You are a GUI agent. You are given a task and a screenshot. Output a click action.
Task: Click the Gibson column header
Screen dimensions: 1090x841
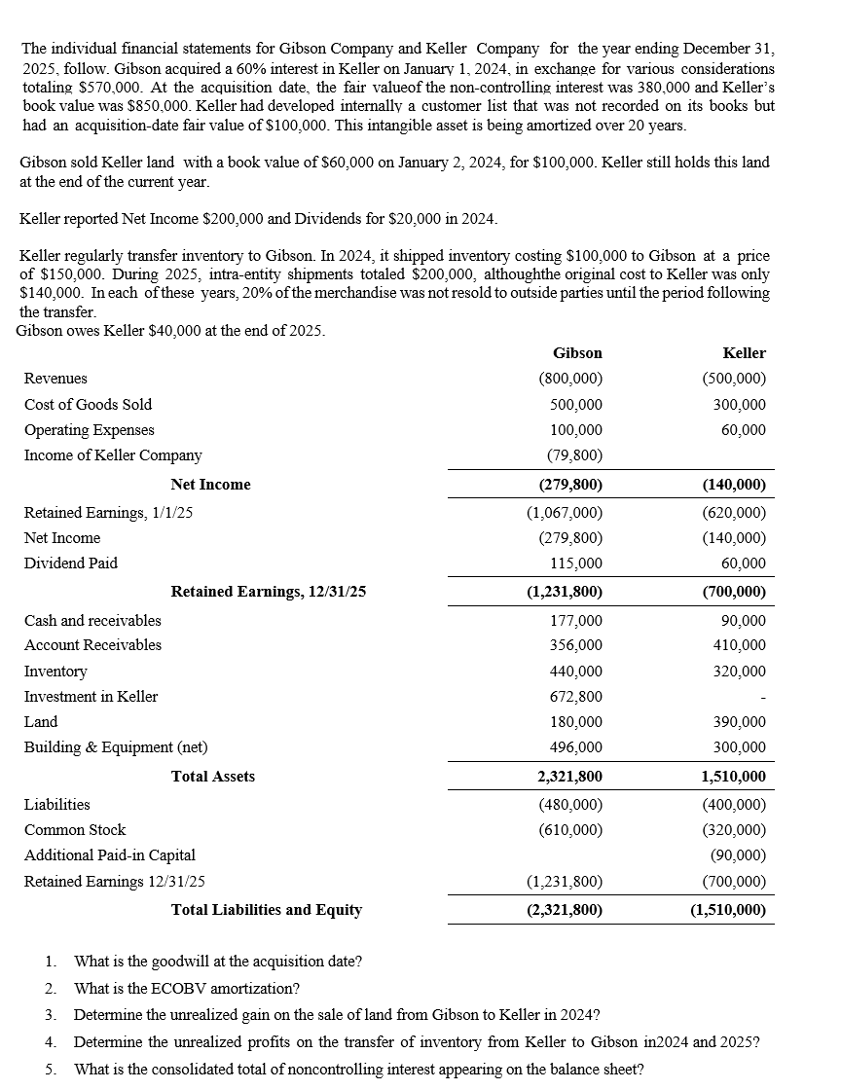(577, 353)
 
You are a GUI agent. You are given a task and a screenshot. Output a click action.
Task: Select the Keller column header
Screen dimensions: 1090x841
(745, 353)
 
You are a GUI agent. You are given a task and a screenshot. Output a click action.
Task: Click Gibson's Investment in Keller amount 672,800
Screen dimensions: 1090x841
(577, 696)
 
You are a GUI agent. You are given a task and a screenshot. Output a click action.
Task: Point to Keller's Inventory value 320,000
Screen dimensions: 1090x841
(741, 671)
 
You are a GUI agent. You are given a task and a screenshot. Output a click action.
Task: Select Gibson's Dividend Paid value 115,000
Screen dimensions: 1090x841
(577, 563)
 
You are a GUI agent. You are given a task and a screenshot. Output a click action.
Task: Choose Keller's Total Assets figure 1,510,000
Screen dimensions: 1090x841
(733, 776)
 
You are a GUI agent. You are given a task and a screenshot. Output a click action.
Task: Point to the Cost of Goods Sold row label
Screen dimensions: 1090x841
(88, 404)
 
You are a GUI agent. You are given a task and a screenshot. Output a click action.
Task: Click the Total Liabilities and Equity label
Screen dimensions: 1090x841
(266, 909)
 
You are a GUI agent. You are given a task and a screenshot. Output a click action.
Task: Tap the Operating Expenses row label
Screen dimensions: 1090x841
(89, 429)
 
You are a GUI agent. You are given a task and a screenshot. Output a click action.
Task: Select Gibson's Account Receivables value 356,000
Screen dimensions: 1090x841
(577, 644)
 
